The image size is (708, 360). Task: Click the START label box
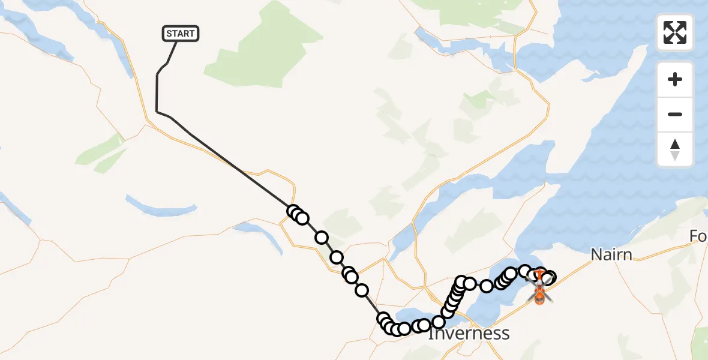(180, 34)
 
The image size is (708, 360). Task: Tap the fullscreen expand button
(675, 32)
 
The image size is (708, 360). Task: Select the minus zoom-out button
(675, 115)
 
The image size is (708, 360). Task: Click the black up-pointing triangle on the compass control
(675, 144)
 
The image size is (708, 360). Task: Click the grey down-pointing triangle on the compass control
(675, 156)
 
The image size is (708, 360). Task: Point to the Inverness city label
(469, 334)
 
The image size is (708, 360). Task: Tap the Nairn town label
(611, 255)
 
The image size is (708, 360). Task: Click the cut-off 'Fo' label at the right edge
(698, 237)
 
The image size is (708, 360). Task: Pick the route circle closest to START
(293, 211)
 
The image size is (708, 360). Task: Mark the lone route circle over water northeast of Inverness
(487, 286)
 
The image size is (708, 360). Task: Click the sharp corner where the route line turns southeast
(157, 112)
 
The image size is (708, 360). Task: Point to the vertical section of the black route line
(157, 93)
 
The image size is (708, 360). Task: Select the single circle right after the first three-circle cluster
(322, 238)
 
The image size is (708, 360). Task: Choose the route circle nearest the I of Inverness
(438, 322)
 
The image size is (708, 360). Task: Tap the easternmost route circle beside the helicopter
(550, 277)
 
